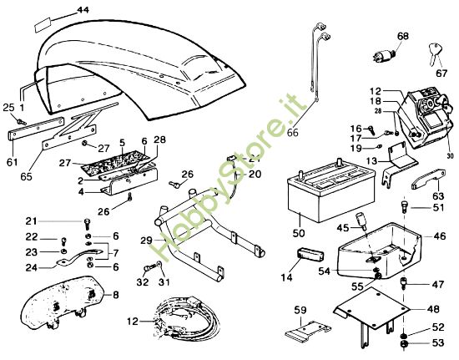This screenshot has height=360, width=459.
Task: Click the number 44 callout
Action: pos(81,9)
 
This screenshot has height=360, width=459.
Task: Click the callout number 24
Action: pos(31,268)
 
